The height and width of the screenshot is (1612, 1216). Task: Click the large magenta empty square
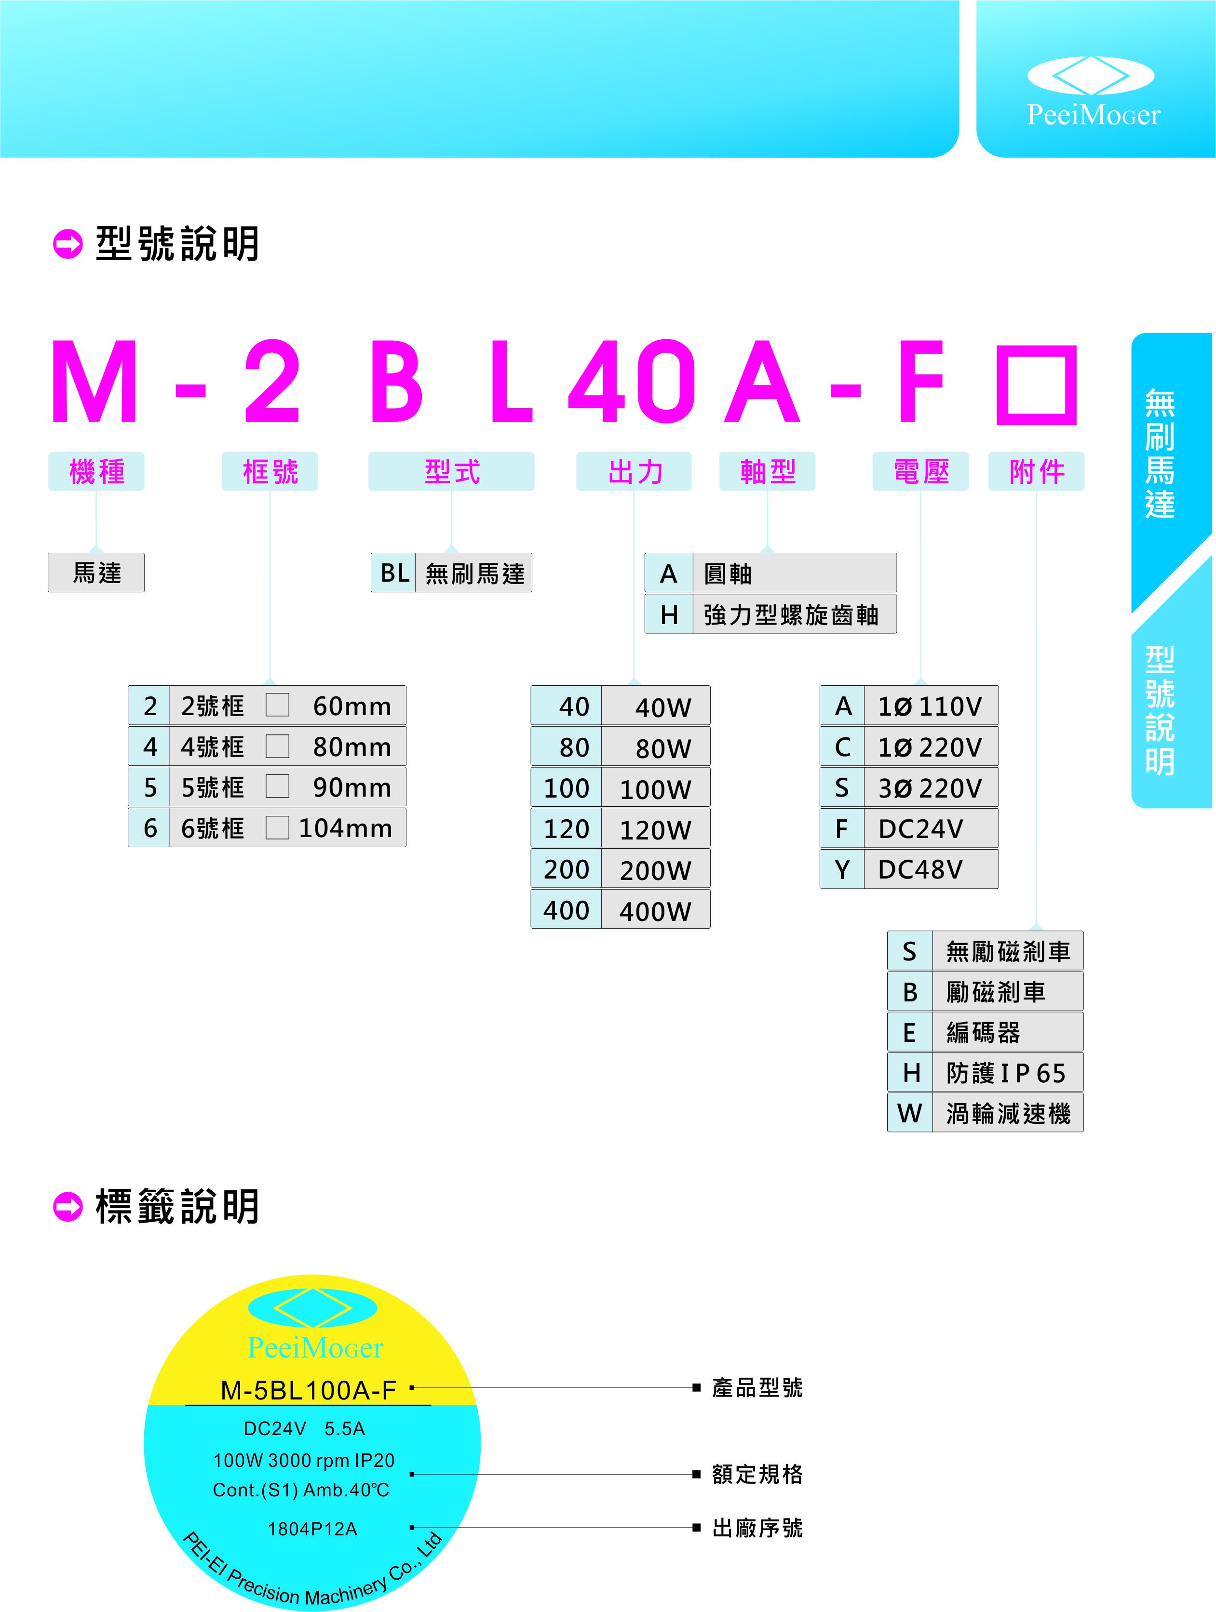(x=1036, y=385)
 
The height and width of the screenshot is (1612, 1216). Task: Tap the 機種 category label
(x=96, y=471)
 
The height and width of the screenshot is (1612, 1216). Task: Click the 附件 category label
(x=1036, y=471)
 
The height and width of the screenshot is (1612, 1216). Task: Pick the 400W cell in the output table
(x=655, y=910)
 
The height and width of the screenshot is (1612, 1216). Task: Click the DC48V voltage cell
(x=930, y=869)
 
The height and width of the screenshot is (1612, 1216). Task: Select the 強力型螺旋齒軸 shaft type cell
(x=793, y=614)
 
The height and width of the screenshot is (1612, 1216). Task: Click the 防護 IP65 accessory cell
(x=1006, y=1073)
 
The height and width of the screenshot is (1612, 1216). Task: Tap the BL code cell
(x=393, y=573)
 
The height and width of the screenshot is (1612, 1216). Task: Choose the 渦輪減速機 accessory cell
(x=1008, y=1113)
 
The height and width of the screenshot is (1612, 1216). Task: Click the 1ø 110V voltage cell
(x=930, y=706)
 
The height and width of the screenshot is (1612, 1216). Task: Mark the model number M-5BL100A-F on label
(x=309, y=1390)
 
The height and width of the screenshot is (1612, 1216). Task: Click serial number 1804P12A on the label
(x=312, y=1528)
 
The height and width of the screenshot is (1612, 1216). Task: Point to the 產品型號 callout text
(x=757, y=1387)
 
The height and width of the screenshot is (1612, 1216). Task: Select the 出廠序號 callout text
(x=757, y=1528)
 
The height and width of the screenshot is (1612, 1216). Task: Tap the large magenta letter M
(x=95, y=382)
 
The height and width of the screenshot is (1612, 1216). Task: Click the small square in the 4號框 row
(x=277, y=746)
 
